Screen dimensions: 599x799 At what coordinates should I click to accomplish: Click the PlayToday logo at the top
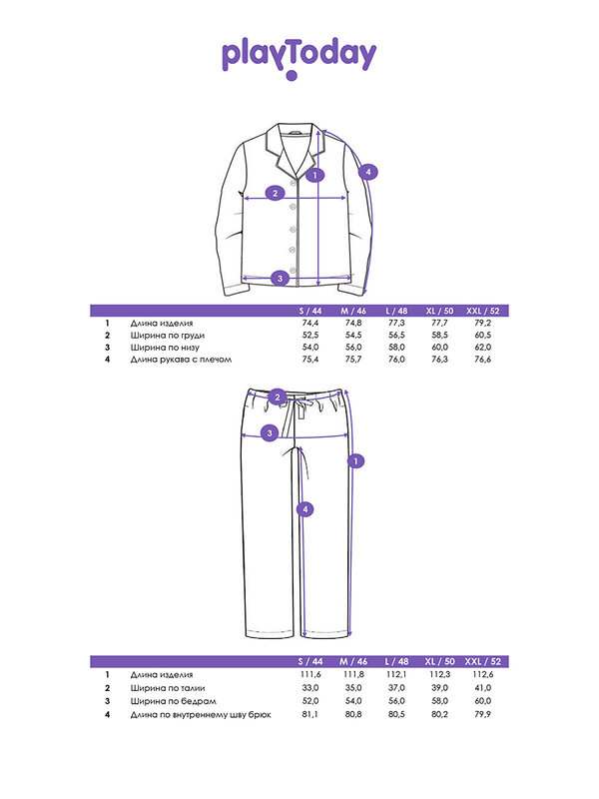(x=299, y=59)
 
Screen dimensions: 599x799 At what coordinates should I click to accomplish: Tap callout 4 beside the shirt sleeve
(x=368, y=172)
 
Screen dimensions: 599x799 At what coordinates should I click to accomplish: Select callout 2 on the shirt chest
(x=276, y=193)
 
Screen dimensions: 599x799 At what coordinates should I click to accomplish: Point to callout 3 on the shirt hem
(x=280, y=279)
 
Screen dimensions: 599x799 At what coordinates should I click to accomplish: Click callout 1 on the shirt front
(x=315, y=176)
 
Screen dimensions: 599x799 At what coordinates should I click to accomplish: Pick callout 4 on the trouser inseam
(x=305, y=509)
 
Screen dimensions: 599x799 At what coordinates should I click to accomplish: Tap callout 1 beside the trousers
(x=355, y=461)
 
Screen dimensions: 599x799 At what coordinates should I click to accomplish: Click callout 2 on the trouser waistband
(x=278, y=397)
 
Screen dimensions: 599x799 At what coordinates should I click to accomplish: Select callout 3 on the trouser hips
(x=270, y=433)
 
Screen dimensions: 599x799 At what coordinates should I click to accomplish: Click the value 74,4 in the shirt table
(x=310, y=323)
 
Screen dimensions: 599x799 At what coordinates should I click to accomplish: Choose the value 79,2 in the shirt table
(x=483, y=323)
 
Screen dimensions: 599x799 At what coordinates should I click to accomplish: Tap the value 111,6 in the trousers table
(x=310, y=675)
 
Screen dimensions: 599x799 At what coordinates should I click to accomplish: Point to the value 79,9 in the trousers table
(x=483, y=714)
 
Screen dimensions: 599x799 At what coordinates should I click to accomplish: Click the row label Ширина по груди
(x=168, y=336)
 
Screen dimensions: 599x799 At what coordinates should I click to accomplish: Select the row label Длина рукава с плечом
(x=181, y=360)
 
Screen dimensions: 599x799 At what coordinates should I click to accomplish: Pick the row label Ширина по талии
(x=168, y=688)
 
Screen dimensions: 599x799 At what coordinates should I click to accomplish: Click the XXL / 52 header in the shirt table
(x=483, y=311)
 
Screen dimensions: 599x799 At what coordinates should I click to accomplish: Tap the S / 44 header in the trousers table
(x=310, y=661)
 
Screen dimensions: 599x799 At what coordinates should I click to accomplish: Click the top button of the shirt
(x=294, y=183)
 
